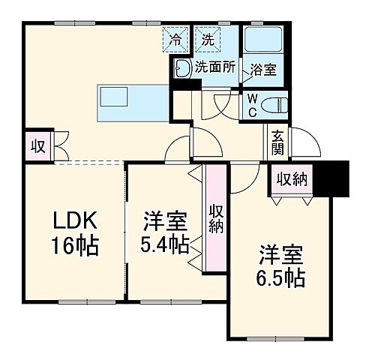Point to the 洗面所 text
(214, 67)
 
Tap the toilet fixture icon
(277, 103)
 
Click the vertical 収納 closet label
(215, 217)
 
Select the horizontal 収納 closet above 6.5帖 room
(292, 178)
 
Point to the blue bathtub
(262, 39)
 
